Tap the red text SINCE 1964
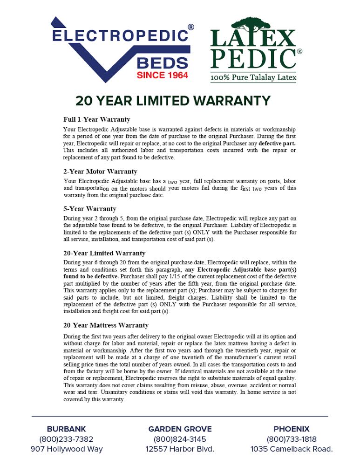click(x=163, y=75)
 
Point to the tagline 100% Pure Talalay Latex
click(x=253, y=77)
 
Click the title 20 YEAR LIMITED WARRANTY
click(x=173, y=101)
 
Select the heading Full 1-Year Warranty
click(x=97, y=120)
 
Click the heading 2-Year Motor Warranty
click(x=100, y=171)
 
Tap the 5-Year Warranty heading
click(x=90, y=209)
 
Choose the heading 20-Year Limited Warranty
click(x=104, y=254)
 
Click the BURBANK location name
click(x=67, y=429)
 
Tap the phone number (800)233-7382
click(x=67, y=439)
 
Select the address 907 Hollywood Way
click(x=67, y=450)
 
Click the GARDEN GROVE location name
click(x=180, y=429)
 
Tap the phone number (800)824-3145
click(x=180, y=439)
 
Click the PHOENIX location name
click(x=292, y=429)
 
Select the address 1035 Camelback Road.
click(x=292, y=450)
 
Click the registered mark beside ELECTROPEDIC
click(x=191, y=27)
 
